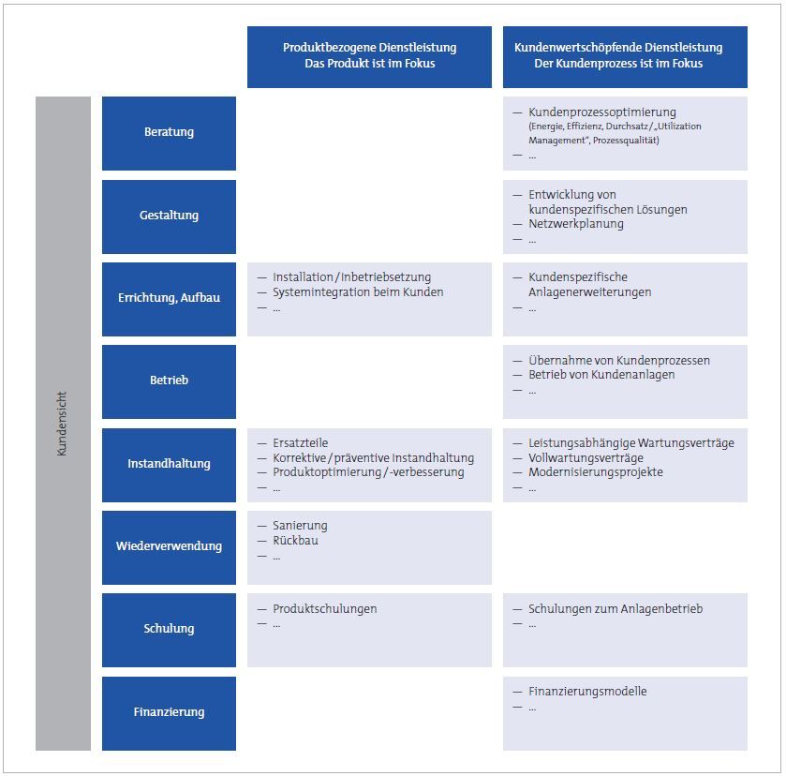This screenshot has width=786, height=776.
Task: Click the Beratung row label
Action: click(x=169, y=132)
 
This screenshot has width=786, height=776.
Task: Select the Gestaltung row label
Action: click(x=169, y=216)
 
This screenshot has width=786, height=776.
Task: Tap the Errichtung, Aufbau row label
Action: click(x=169, y=297)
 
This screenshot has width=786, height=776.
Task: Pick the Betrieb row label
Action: click(x=169, y=381)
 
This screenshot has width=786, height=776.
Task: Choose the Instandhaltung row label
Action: click(x=169, y=464)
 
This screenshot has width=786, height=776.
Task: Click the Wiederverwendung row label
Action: click(x=169, y=545)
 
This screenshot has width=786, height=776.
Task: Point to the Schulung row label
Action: click(x=169, y=629)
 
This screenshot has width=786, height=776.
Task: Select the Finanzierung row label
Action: click(x=169, y=711)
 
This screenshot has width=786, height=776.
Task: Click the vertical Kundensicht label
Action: click(x=62, y=424)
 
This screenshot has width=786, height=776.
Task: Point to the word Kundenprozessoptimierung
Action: click(x=602, y=112)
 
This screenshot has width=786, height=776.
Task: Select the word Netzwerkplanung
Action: click(x=576, y=224)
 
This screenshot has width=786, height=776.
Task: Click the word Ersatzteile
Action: click(x=301, y=443)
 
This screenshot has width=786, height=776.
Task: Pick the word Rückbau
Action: click(x=295, y=540)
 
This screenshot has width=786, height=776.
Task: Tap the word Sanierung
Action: click(x=300, y=526)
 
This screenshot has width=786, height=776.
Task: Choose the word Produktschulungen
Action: click(x=325, y=608)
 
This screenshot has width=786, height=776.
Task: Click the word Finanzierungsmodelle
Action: click(x=587, y=692)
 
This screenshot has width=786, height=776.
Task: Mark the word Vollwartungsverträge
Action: click(x=586, y=458)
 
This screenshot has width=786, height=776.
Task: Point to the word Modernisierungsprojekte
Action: click(x=596, y=472)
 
